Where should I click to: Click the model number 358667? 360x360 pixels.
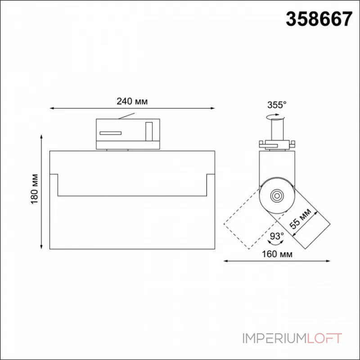(x=319, y=19)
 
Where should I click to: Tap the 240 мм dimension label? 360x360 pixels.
(x=132, y=101)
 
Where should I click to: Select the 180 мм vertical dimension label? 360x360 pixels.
(x=35, y=189)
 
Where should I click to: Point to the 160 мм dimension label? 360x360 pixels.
(x=277, y=254)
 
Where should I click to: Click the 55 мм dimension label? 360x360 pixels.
(x=300, y=219)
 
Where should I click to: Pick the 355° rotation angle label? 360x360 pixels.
(x=277, y=105)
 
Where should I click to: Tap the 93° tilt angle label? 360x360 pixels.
(x=277, y=236)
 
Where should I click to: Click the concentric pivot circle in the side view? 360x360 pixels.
(x=277, y=196)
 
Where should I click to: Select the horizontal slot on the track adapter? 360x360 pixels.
(x=110, y=133)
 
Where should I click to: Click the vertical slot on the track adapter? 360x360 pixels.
(x=149, y=131)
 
